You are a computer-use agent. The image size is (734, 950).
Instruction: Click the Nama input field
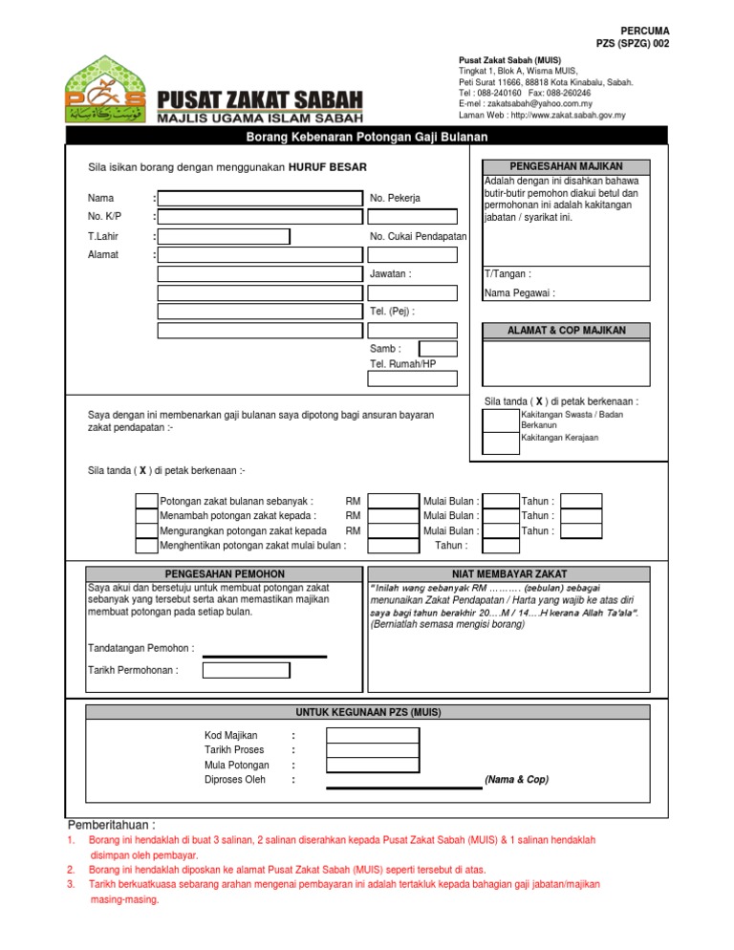[261, 198]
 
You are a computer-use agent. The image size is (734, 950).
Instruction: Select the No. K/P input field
[261, 217]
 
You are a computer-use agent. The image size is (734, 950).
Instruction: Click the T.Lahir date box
[224, 236]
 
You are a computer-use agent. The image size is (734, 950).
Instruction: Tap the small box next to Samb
[439, 349]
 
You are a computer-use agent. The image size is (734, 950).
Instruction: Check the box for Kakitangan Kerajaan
[501, 443]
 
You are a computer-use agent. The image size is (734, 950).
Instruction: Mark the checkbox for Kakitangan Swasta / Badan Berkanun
[501, 421]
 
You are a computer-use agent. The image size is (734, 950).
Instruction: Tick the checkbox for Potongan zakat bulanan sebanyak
[146, 501]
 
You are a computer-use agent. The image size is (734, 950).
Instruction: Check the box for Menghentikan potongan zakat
[146, 546]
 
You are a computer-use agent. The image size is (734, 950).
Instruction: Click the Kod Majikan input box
[372, 735]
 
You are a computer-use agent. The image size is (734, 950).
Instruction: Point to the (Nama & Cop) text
[517, 780]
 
